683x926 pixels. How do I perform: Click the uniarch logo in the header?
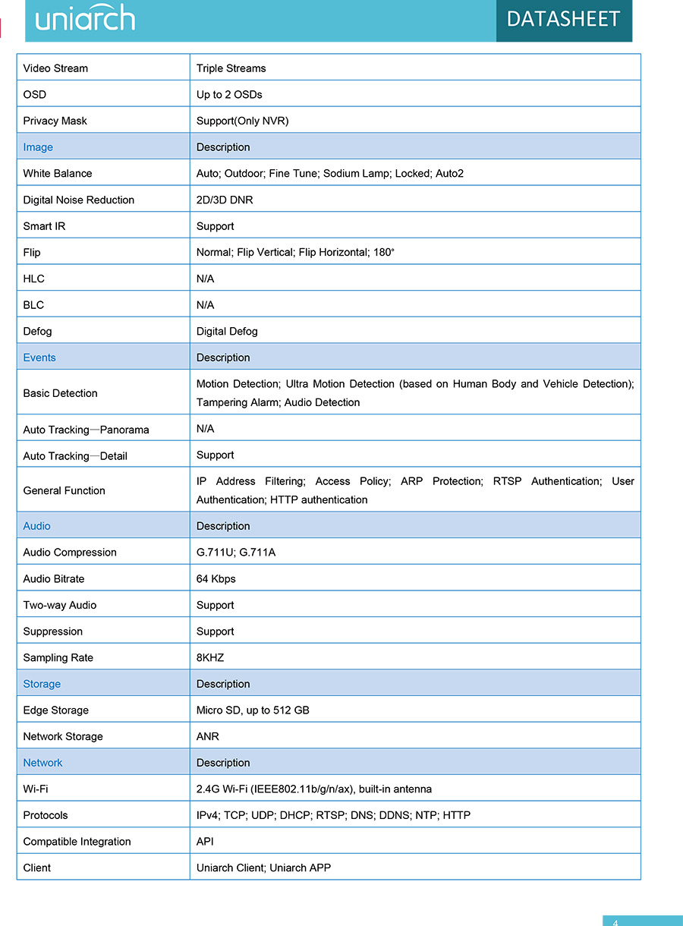[x=85, y=18]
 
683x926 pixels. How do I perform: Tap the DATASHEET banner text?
[x=563, y=19]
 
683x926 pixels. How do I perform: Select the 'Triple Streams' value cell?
[x=231, y=68]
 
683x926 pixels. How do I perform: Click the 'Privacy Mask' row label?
[x=55, y=121]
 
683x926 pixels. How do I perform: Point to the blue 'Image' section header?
[x=38, y=147]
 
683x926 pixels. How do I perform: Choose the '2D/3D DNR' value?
[x=225, y=200]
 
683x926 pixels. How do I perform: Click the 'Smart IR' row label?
[x=44, y=226]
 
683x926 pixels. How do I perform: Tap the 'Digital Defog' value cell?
[x=227, y=331]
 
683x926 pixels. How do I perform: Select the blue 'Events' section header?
[x=39, y=357]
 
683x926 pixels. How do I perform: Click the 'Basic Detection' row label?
[x=60, y=393]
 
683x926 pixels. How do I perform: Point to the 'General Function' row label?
[x=64, y=490]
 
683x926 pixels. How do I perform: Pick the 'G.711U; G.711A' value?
[x=236, y=553]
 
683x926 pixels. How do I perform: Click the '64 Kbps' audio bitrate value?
[x=216, y=578]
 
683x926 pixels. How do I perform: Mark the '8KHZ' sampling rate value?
[x=210, y=657]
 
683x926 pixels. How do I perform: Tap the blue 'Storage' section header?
[x=42, y=684]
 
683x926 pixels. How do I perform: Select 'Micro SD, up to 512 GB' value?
[x=253, y=710]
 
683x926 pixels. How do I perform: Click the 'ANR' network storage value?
[x=207, y=736]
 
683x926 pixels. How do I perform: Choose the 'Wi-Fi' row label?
[x=36, y=789]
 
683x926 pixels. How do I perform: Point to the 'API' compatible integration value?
[x=205, y=842]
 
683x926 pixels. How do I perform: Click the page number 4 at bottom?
[x=615, y=922]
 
